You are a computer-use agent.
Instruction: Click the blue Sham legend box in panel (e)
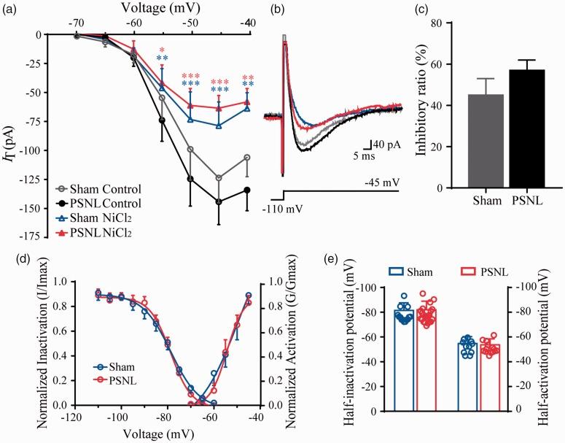point(375,271)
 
